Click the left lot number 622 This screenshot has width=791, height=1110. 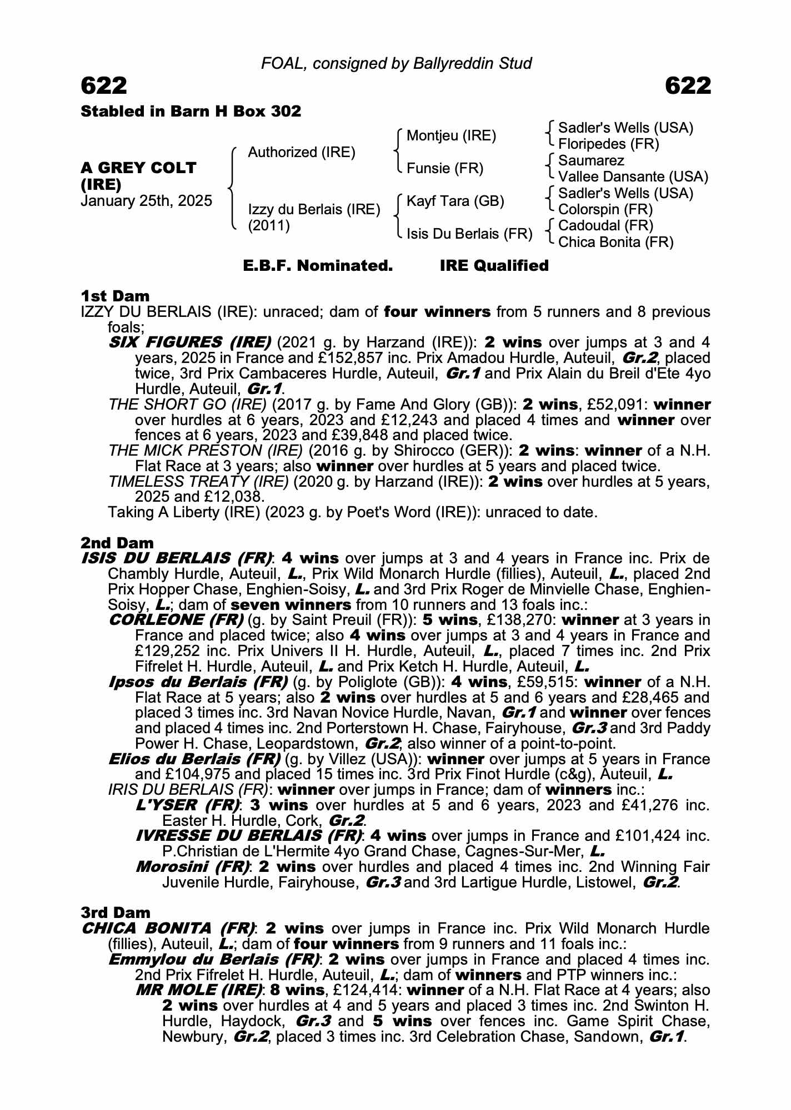pos(104,86)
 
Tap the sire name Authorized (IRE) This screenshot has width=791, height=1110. pos(301,152)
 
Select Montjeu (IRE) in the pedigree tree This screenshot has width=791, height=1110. pos(451,136)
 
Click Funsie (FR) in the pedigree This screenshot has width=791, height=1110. pos(445,168)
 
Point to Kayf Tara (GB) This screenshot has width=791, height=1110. pos(455,201)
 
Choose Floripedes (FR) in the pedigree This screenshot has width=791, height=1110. pos(608,144)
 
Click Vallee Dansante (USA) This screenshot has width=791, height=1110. pos(633,177)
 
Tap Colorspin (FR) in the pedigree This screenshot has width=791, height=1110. pos(605,210)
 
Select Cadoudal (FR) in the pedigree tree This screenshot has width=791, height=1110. pos(605,226)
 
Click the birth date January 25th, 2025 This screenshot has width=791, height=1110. pos(146,201)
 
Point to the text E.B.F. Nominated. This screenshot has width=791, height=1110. pos(318,266)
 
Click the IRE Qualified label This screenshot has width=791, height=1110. pos(494,266)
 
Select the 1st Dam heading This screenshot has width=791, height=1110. pos(115,296)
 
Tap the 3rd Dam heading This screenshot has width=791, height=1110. pos(116,912)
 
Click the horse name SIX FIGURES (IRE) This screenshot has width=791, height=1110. pos(189,342)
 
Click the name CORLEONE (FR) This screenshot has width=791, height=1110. pos(176,620)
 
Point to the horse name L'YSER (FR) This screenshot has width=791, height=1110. pos(188,805)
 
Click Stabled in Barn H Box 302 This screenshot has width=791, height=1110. pos(191,112)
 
